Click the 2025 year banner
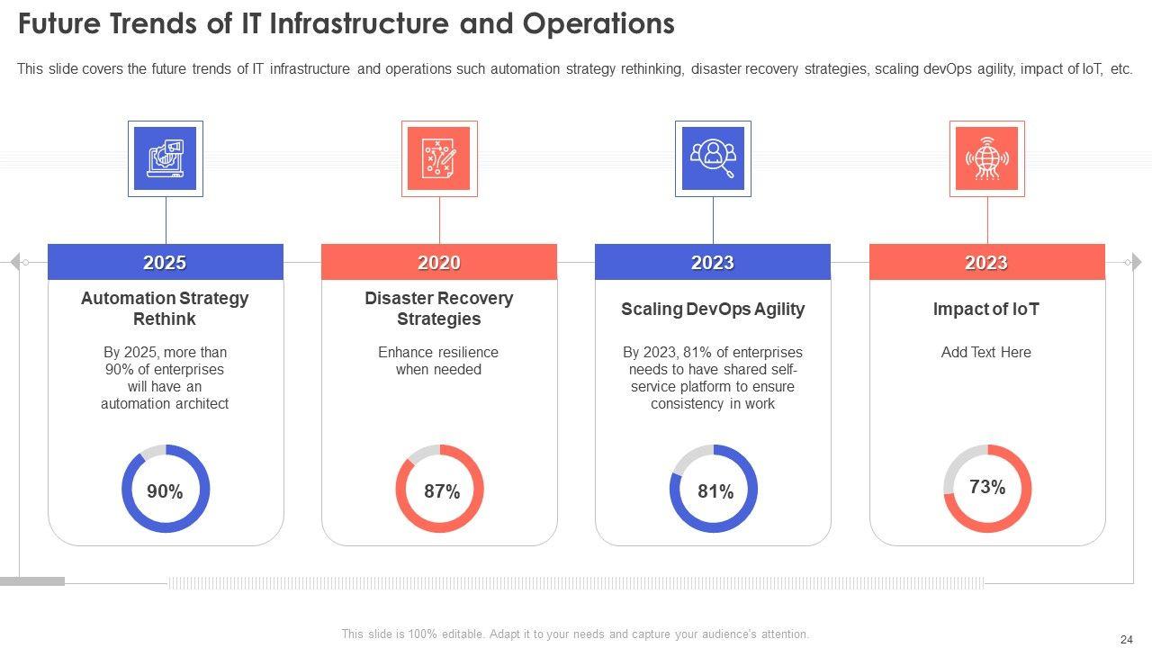tap(165, 263)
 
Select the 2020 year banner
tap(439, 263)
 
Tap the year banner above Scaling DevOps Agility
tap(713, 263)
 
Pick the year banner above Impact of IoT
tap(986, 263)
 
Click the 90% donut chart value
tap(166, 491)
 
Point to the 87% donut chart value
tap(442, 491)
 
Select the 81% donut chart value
tap(715, 491)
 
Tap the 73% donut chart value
tap(987, 487)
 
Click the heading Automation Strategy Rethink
tap(165, 309)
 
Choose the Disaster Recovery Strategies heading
tap(439, 309)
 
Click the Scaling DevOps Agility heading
tap(713, 309)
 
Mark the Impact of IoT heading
tap(986, 309)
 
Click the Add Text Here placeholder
tap(986, 352)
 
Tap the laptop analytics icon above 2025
tap(166, 158)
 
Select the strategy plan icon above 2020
tap(439, 158)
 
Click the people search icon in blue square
tap(713, 158)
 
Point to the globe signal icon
tap(987, 158)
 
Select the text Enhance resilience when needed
tap(438, 361)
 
